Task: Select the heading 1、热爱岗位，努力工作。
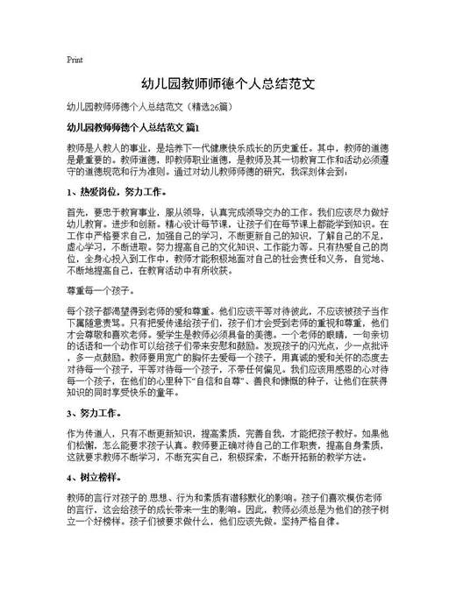(x=116, y=167)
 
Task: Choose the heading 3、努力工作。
(x=96, y=413)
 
